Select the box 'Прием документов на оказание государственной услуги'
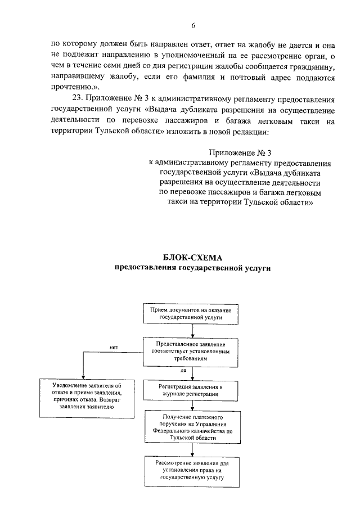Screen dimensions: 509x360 tap(191, 314)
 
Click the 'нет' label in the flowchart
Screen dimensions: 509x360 tap(114, 347)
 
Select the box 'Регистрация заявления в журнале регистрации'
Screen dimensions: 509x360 tap(191, 391)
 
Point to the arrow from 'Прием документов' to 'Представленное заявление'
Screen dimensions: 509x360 tap(191, 331)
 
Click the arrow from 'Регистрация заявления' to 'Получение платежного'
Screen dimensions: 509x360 tap(192, 406)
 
